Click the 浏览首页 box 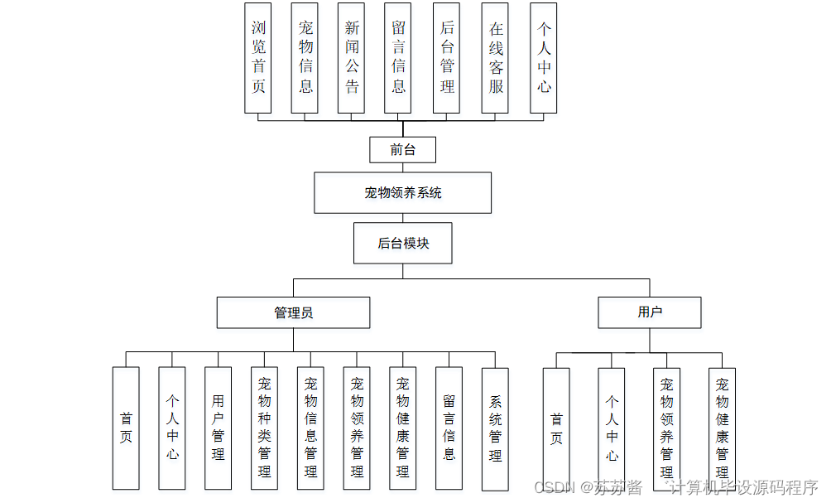[258, 58]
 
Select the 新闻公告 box [352, 58]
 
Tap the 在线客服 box [495, 58]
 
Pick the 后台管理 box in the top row [447, 58]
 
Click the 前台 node [402, 150]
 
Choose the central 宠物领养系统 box [402, 193]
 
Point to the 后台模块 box [403, 243]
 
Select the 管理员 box [293, 312]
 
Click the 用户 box [650, 312]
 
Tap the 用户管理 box [219, 428]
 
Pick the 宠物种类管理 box [265, 428]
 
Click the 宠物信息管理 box [310, 428]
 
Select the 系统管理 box [495, 428]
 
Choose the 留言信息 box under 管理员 [449, 428]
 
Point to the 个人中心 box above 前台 [544, 58]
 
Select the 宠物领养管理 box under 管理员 [357, 428]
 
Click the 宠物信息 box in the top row [305, 58]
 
